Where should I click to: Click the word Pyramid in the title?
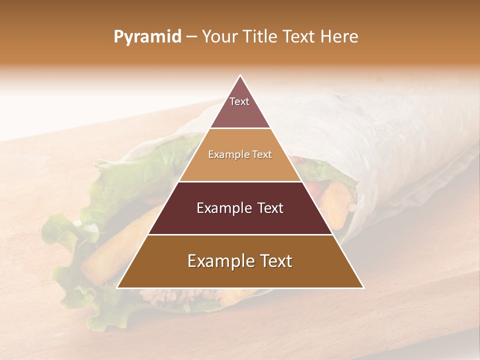[147, 37]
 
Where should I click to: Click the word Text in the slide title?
[299, 36]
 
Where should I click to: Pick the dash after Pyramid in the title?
[191, 37]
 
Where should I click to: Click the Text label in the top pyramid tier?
[239, 101]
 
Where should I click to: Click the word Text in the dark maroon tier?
[269, 208]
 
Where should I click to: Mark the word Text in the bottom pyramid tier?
[274, 261]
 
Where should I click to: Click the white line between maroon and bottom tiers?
[240, 234]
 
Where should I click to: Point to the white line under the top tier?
[240, 128]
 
